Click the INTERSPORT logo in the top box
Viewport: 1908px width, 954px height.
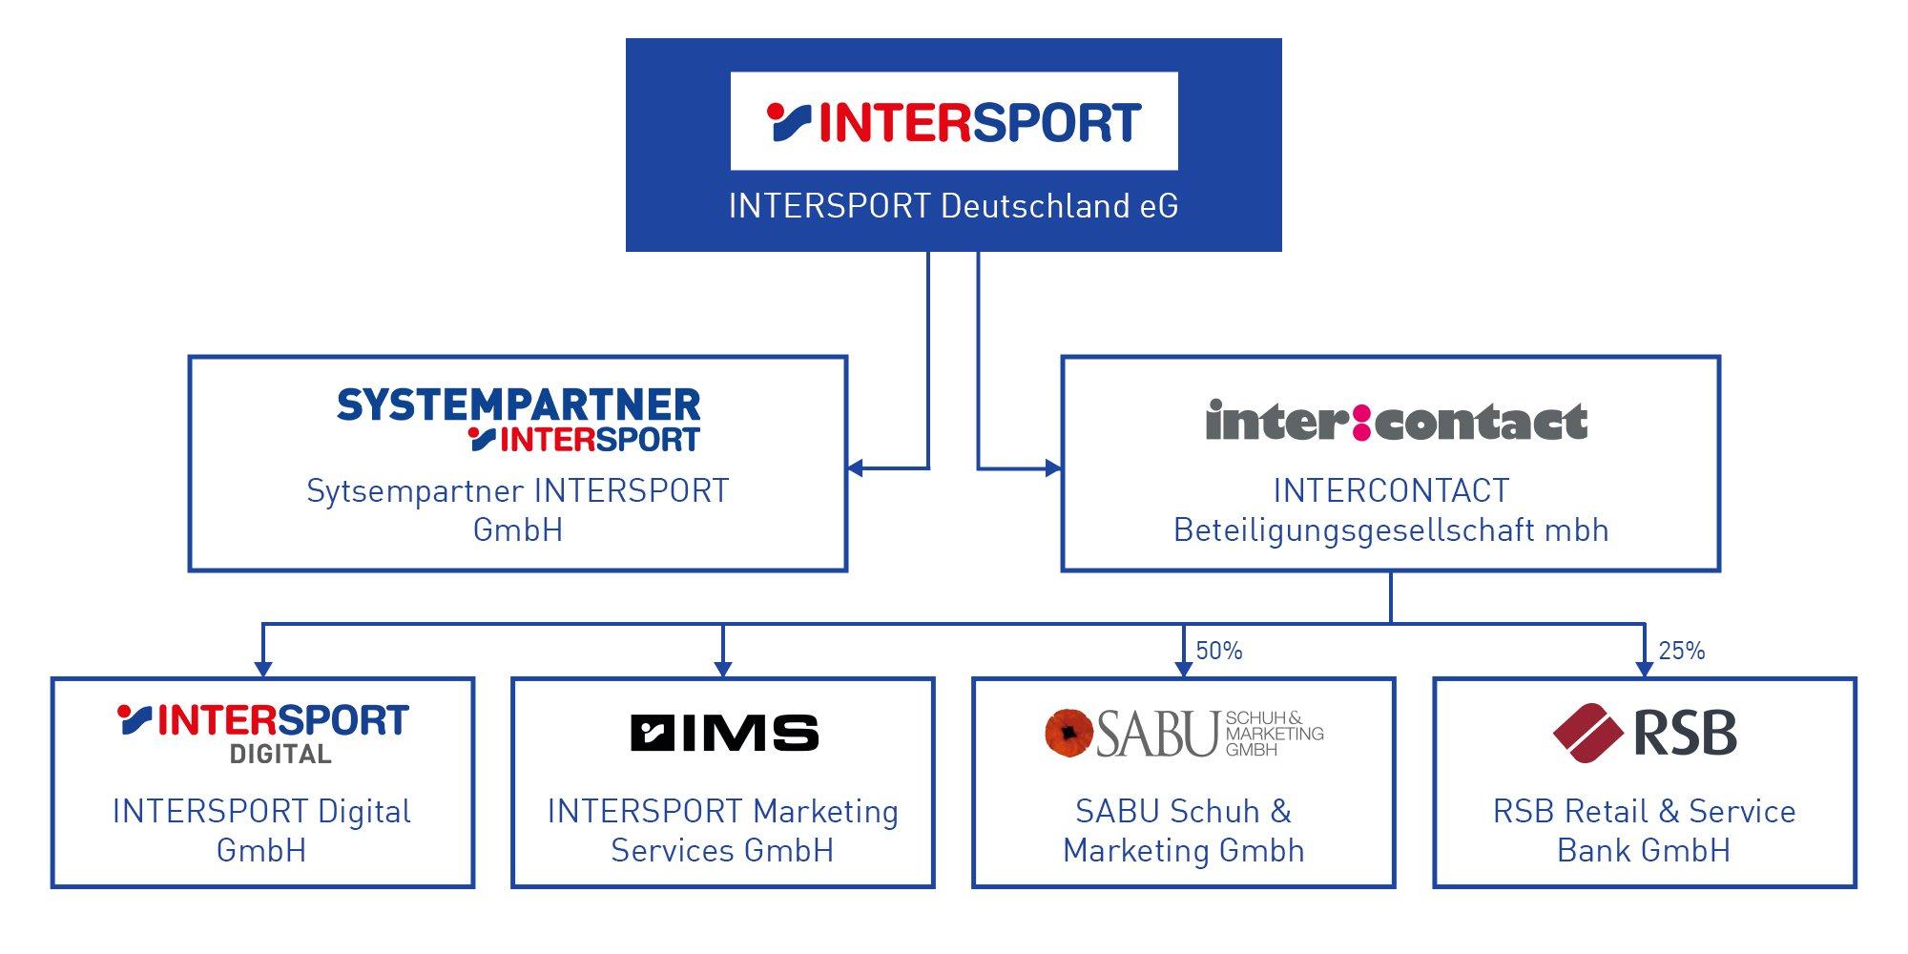pyautogui.click(x=954, y=121)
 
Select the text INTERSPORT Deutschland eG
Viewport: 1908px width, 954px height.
pyautogui.click(x=953, y=206)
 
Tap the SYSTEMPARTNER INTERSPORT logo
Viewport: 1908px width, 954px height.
pyautogui.click(x=518, y=419)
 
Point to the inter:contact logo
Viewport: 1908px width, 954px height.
pyautogui.click(x=1396, y=422)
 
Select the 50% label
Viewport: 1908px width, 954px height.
pyautogui.click(x=1218, y=651)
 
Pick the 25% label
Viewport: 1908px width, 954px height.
pyautogui.click(x=1681, y=651)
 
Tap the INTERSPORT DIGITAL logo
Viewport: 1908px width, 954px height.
pyautogui.click(x=263, y=733)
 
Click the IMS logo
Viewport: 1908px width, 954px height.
pyautogui.click(x=724, y=733)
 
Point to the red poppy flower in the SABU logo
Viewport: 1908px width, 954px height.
pyautogui.click(x=1068, y=733)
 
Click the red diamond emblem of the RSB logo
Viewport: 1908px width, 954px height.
pyautogui.click(x=1587, y=733)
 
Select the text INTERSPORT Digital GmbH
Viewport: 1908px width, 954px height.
pyautogui.click(x=262, y=830)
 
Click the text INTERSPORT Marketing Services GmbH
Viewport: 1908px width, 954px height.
pyautogui.click(x=723, y=830)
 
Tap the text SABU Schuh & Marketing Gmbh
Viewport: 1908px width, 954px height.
pyautogui.click(x=1184, y=830)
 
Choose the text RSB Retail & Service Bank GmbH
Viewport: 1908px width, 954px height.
pyautogui.click(x=1644, y=830)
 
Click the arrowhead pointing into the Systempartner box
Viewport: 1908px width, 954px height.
pyautogui.click(x=856, y=467)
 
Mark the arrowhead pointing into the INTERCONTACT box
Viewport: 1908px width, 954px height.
pyautogui.click(x=1053, y=467)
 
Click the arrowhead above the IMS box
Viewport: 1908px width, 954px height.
pyautogui.click(x=723, y=669)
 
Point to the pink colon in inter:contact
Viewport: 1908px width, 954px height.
pyautogui.click(x=1361, y=423)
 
